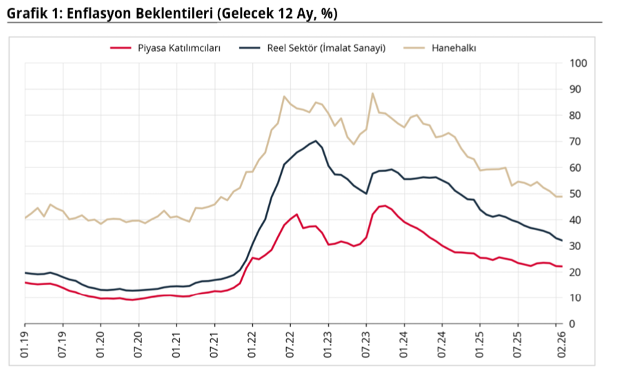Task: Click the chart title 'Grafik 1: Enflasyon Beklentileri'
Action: tap(172, 13)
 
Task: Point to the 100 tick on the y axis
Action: tap(578, 63)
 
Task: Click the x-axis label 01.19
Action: tap(26, 345)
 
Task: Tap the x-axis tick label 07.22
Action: tap(290, 345)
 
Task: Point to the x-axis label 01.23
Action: tap(328, 345)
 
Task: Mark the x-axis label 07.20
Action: tap(139, 345)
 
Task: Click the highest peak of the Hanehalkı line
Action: tap(372, 93)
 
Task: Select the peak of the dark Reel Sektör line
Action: tap(316, 141)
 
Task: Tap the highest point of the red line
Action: tap(383, 205)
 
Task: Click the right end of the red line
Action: tap(562, 267)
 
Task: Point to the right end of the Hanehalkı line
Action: tap(562, 196)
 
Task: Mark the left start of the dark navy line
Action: tap(26, 273)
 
